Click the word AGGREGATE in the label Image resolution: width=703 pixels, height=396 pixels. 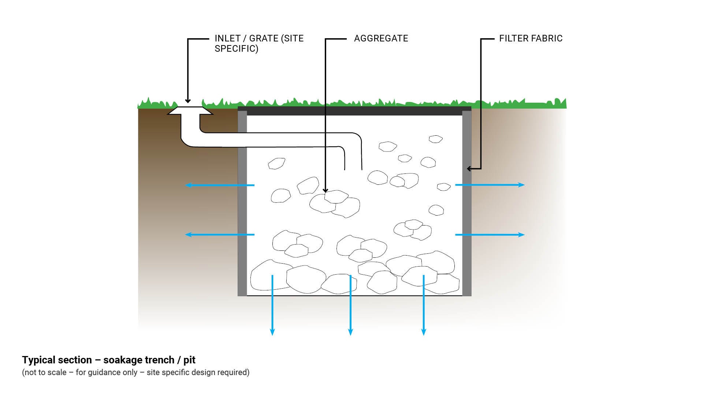coord(381,38)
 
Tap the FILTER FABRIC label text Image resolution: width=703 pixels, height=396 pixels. coord(531,38)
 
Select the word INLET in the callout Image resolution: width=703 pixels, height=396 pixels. coord(227,38)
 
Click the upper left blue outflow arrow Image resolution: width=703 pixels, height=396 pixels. coord(220,185)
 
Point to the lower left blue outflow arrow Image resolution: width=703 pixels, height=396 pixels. coord(220,235)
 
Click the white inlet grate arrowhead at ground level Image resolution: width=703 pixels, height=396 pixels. coord(190,110)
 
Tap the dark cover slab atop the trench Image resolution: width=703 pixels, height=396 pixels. coord(354,111)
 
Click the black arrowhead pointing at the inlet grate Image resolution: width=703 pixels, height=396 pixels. coord(188,101)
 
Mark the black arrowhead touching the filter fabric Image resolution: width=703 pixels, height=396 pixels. coord(469,169)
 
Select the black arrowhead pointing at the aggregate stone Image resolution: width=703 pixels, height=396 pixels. coord(325,190)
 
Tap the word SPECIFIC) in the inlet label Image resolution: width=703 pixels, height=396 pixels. coord(236,49)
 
